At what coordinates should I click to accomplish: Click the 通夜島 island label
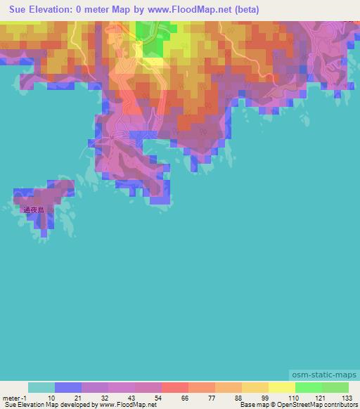pyautogui.click(x=33, y=209)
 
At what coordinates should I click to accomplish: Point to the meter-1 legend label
pyautogui.click(x=14, y=397)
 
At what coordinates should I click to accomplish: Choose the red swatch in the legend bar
pyautogui.click(x=174, y=387)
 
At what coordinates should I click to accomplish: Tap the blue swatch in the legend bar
pyautogui.click(x=67, y=387)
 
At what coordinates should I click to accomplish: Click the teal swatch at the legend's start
pyautogui.click(x=41, y=387)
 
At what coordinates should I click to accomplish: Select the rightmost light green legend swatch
pyautogui.click(x=335, y=387)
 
